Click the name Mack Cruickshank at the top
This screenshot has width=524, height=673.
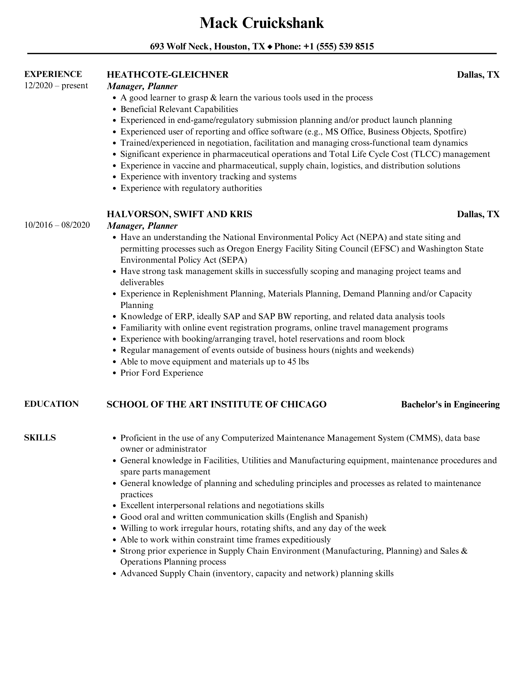point(262,23)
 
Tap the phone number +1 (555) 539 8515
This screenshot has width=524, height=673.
point(338,47)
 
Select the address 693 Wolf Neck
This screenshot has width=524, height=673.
point(179,47)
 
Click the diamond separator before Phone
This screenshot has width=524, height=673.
point(270,47)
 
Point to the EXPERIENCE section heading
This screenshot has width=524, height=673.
point(53,74)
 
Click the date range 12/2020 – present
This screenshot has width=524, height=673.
point(56,86)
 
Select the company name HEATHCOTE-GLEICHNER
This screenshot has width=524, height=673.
point(168,75)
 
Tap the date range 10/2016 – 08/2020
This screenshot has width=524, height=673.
point(57,225)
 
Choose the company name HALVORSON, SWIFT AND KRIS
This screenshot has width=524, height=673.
point(179,214)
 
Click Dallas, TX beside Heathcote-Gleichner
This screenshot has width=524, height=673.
point(478,75)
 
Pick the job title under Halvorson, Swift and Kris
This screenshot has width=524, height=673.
point(142,226)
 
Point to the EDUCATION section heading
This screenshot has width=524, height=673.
point(51,404)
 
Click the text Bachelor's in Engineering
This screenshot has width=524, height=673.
point(450,405)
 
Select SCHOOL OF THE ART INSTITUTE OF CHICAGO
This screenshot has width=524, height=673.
point(216,405)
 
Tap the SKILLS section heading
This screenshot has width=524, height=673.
point(40,438)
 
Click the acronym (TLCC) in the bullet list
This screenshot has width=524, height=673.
point(425,154)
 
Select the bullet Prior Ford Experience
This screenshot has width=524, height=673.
point(162,373)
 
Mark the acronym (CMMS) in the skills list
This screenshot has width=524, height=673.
point(424,438)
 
